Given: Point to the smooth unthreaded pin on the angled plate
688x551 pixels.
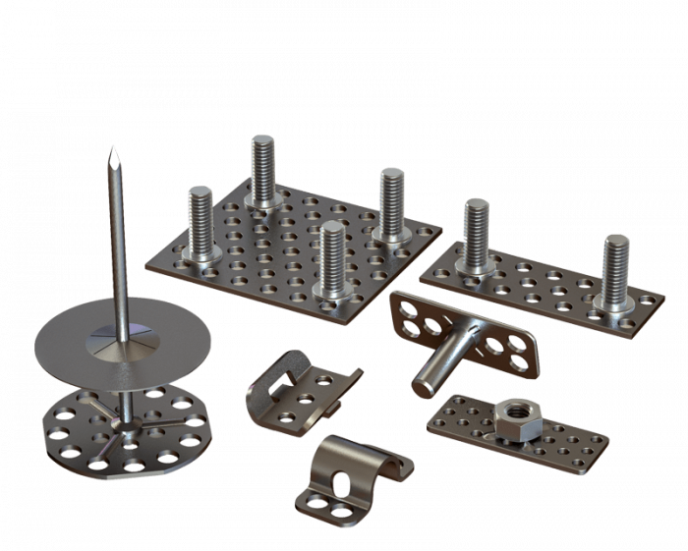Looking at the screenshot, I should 436,363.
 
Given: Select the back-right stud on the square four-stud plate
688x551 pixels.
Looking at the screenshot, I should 391,201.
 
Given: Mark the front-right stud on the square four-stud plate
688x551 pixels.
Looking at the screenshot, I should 331,258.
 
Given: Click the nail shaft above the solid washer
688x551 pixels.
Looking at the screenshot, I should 118,246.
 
